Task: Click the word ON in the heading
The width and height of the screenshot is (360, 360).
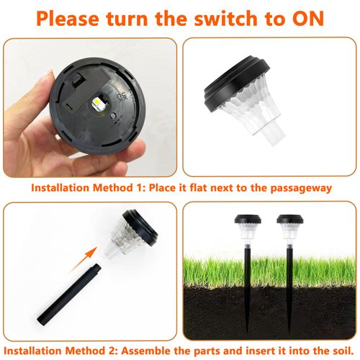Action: [308, 19]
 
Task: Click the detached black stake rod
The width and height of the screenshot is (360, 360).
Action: [69, 294]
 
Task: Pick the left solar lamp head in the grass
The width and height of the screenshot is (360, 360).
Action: [248, 227]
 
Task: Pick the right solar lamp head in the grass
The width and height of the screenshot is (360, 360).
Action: [290, 227]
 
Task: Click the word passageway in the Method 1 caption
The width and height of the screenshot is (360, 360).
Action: [301, 188]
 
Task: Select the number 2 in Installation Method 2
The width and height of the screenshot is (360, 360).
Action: [109, 351]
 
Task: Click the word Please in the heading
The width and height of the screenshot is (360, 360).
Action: [68, 19]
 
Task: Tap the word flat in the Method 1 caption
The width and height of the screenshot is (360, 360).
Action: [197, 187]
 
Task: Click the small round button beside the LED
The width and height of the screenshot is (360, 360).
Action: [112, 116]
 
